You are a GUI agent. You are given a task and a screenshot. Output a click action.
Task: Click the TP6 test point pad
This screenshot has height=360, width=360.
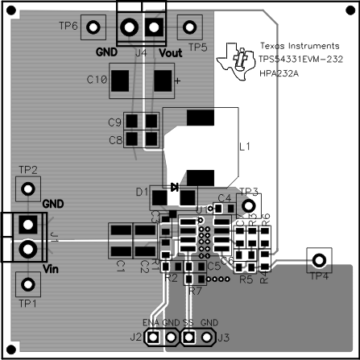tap(93, 27)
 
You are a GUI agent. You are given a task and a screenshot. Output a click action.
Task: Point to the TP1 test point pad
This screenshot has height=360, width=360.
tap(29, 283)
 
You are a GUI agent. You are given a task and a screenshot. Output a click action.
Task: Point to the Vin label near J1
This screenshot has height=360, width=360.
tap(51, 268)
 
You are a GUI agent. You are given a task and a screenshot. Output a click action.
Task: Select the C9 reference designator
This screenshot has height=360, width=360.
tap(114, 122)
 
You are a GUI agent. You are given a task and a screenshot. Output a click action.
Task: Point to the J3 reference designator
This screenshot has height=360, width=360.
tap(224, 337)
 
